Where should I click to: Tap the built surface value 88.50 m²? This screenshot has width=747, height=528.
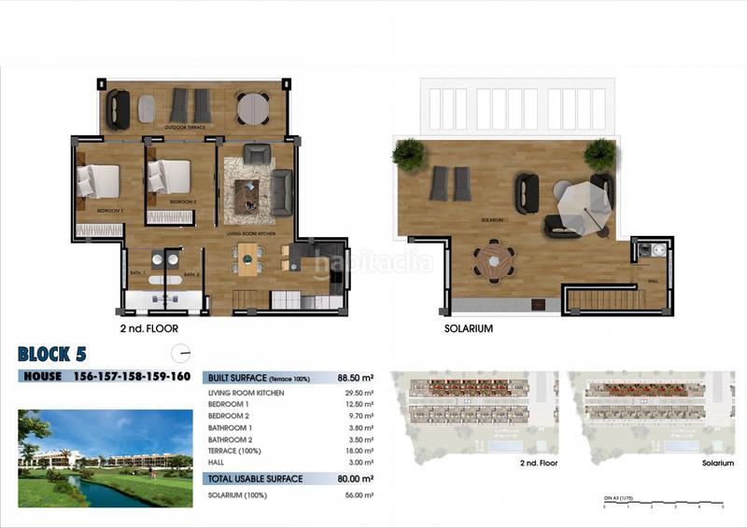355,379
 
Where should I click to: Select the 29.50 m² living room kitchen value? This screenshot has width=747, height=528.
359,394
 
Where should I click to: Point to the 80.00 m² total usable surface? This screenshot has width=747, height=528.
355,479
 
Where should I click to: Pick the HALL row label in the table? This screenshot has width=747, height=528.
217,462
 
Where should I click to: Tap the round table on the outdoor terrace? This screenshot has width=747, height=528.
252,108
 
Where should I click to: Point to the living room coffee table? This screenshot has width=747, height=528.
248,194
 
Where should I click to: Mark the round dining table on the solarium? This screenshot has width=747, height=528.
493,258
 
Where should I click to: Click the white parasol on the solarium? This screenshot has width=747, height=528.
581,203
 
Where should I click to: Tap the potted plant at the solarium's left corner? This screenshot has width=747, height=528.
408,154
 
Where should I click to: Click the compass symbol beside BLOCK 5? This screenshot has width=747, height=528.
183,353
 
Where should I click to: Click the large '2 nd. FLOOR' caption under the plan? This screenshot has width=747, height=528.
148,329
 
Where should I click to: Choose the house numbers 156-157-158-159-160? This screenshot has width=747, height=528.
132,377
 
